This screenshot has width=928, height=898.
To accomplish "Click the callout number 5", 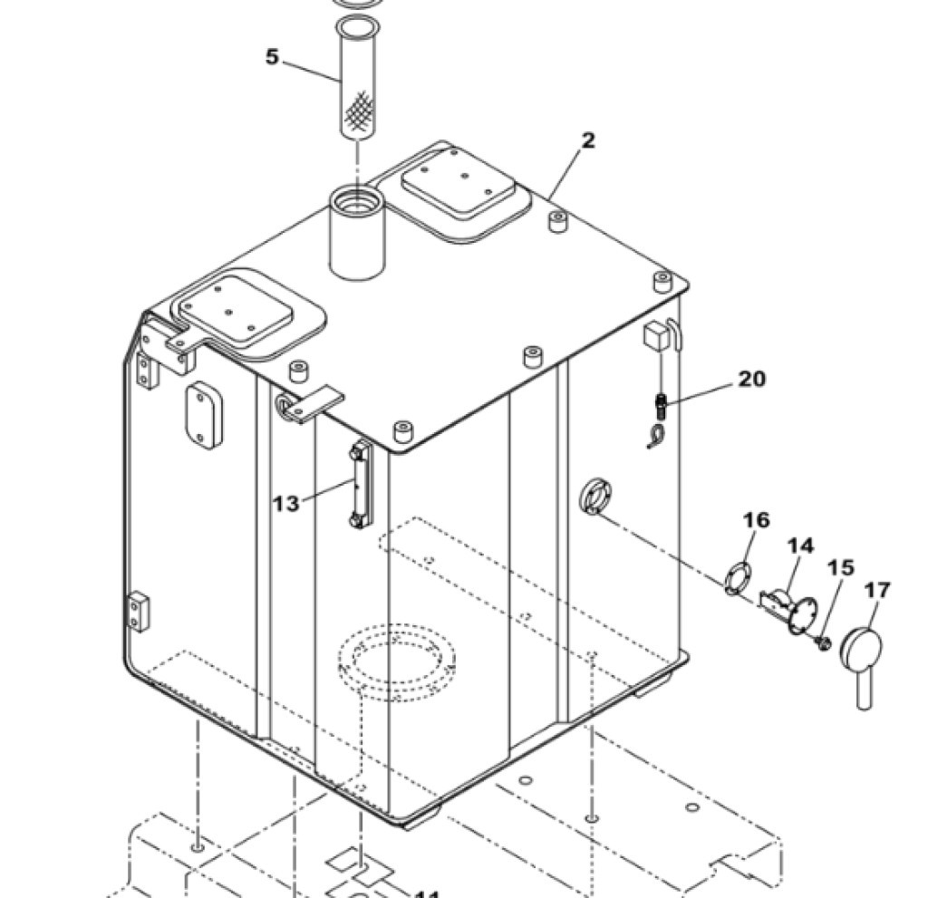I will coord(272,57).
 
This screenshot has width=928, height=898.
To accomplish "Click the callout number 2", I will coord(588,140).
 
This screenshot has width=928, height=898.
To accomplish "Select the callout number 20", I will coord(750,379).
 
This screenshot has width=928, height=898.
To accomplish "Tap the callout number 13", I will coord(285,503).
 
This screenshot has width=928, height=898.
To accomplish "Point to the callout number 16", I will coord(757,520).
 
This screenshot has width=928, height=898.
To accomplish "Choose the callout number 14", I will coord(800,546).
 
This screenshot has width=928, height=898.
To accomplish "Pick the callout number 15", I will coord(840,568).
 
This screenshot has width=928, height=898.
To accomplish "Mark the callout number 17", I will coord(876,591).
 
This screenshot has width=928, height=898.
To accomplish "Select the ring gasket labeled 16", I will coord(739,578).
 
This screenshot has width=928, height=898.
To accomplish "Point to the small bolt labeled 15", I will coord(822,642).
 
